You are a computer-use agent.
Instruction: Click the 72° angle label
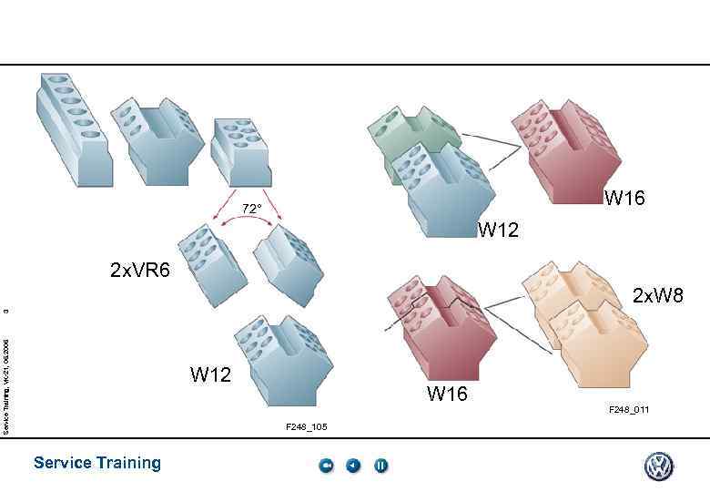click(x=251, y=209)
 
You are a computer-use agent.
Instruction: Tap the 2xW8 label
click(x=657, y=295)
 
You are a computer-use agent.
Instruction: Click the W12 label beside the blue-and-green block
click(x=498, y=230)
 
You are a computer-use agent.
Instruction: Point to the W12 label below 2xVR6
click(x=210, y=374)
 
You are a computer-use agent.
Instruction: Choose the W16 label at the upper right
click(x=624, y=198)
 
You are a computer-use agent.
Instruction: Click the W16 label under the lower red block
click(x=447, y=394)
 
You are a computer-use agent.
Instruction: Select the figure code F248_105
click(x=306, y=426)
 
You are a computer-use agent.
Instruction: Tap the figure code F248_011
click(x=629, y=410)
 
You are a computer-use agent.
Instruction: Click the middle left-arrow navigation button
click(x=353, y=466)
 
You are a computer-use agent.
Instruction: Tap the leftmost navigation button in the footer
click(x=327, y=466)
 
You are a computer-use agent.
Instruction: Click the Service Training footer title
click(x=96, y=463)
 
